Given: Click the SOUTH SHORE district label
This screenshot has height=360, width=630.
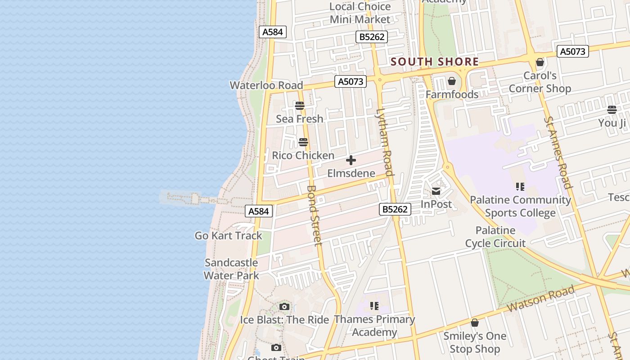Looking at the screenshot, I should [x=435, y=62].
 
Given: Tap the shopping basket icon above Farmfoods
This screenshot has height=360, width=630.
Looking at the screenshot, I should [x=452, y=81].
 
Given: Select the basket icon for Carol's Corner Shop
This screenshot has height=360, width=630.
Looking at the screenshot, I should [x=540, y=62].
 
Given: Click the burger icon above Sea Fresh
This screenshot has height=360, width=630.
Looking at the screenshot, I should [x=300, y=106].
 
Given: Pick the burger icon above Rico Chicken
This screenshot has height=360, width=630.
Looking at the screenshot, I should [x=303, y=143].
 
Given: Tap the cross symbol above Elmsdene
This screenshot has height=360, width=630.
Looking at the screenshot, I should [x=351, y=160].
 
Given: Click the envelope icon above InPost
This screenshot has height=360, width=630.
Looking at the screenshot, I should [x=436, y=191].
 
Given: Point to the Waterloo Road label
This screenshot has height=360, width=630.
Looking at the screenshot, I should [x=266, y=85].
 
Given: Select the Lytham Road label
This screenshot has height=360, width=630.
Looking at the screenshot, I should [x=385, y=142].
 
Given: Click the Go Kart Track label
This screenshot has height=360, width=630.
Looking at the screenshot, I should [x=228, y=235].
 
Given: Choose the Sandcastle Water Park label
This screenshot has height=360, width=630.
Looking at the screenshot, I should [x=231, y=269].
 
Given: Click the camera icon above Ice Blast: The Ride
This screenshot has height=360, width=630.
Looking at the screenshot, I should [x=284, y=307].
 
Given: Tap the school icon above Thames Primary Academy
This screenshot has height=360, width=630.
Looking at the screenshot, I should [x=374, y=306].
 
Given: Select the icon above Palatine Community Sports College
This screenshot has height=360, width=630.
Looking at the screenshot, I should [x=520, y=186].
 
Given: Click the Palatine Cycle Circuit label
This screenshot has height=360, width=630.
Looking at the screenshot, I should [x=495, y=237].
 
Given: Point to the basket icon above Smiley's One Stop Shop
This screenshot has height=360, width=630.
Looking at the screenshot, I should [x=475, y=323].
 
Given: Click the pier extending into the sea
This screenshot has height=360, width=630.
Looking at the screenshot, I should [x=189, y=198].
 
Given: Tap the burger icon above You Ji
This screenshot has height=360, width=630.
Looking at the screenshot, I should [x=612, y=109].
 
